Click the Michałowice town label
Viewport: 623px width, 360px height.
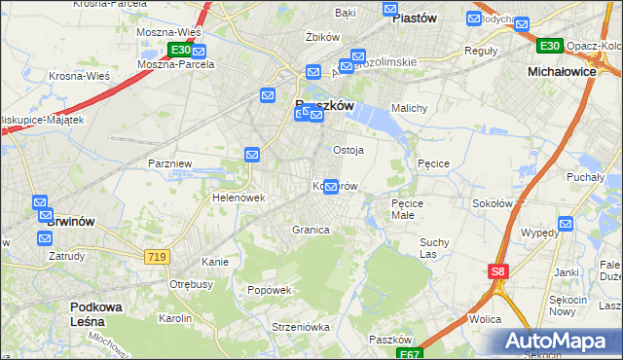tap(560, 72)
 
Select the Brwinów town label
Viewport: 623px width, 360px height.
tap(71, 222)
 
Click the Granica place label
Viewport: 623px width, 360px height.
tap(311, 230)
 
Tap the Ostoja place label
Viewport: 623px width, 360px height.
tap(348, 150)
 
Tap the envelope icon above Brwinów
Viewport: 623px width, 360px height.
tap(41, 203)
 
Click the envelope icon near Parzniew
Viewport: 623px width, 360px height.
tap(252, 155)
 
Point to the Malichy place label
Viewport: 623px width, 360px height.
tap(409, 108)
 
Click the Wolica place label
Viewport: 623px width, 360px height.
tap(484, 319)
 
